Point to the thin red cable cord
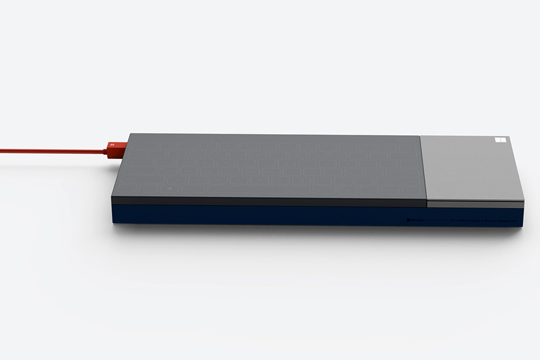coord(51,151)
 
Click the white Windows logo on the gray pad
coord(500,140)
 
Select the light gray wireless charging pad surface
coord(471,167)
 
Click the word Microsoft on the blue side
coord(417,220)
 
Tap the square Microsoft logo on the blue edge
coord(409,220)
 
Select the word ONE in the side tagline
coord(458,220)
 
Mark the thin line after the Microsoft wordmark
coord(437,220)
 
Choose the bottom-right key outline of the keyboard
coord(406,190)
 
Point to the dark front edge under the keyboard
coord(267,201)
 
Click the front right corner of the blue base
coord(521,224)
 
